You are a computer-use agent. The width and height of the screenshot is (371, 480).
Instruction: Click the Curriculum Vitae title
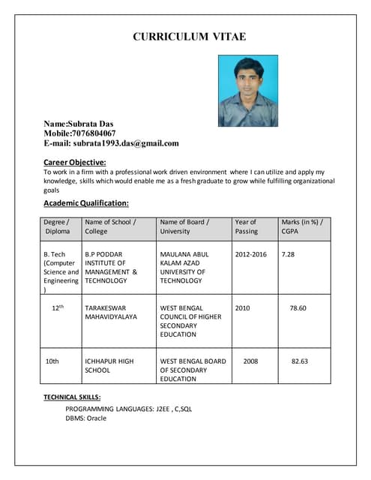coord(189,36)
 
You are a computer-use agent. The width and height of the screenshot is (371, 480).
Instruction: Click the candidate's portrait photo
coord(248,91)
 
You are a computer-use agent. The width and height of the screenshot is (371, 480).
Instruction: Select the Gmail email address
coord(126,143)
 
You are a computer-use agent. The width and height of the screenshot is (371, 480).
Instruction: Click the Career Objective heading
coord(75,162)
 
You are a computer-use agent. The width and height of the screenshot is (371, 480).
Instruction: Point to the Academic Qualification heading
coord(86,203)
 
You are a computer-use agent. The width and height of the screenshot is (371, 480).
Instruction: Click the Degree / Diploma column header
coord(57,226)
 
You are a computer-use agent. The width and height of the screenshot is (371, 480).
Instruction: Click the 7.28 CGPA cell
coord(288,254)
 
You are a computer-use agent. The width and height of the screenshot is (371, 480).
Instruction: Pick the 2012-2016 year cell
coord(250,254)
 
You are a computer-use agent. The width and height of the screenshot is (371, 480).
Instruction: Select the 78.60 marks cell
coord(298,308)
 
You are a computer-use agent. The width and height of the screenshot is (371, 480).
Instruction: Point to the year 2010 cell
coord(243,308)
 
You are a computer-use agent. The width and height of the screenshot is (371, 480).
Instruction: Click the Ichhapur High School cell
coord(109,365)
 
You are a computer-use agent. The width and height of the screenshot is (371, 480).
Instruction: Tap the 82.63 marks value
coord(299,361)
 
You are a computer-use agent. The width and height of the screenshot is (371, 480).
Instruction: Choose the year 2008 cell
coord(250,361)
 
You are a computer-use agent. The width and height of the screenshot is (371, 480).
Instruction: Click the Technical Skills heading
coord(72,397)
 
